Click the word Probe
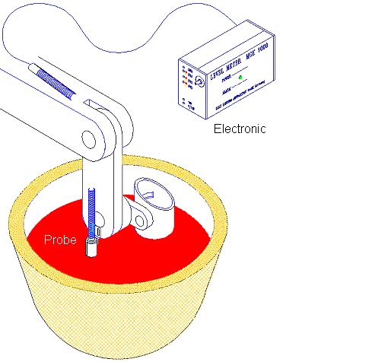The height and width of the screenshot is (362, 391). [59, 240]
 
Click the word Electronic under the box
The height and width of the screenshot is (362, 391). [240, 129]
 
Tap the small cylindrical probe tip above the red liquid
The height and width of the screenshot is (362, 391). [92, 246]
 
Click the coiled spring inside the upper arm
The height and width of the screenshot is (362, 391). [57, 81]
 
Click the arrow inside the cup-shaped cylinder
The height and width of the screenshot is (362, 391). [151, 195]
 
